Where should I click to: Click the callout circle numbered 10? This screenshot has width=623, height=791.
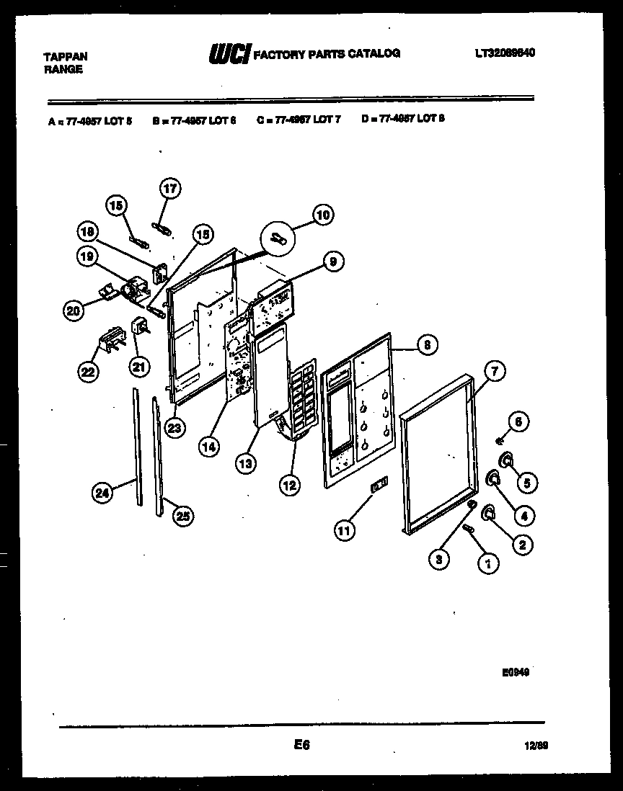322,215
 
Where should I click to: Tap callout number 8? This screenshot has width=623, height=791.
427,346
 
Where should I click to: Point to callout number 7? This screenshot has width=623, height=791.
494,372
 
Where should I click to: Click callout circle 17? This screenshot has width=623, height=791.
169,189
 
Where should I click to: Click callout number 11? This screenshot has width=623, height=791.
345,531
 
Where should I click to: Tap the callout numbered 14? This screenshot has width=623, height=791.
208,447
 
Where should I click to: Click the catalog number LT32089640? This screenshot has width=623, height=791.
505,53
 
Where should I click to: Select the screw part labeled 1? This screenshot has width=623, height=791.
467,531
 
